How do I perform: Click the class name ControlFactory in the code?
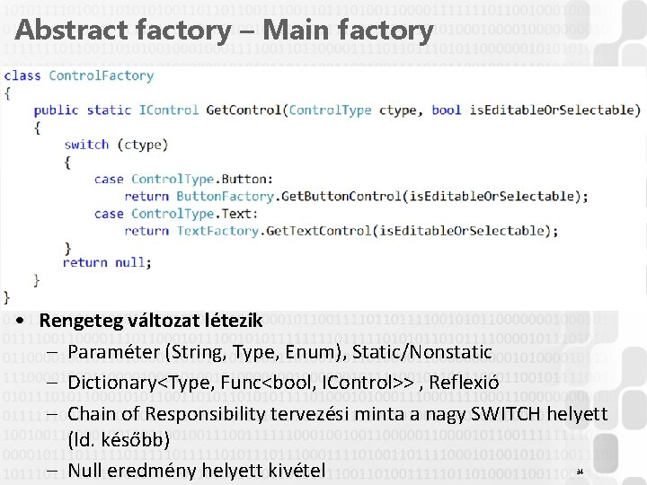101,75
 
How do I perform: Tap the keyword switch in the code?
86,145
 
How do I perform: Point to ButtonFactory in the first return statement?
225,196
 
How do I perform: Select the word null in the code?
130,262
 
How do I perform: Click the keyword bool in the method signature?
446,110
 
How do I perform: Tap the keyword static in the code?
109,110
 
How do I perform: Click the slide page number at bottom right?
580,472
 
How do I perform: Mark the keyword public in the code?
56,110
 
